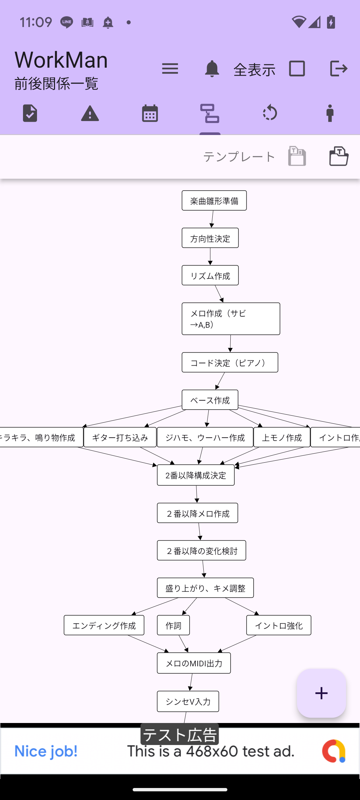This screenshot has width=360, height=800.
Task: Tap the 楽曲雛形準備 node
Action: (214, 201)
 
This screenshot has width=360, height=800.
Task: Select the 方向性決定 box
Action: (210, 238)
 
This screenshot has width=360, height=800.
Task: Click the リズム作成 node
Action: (210, 275)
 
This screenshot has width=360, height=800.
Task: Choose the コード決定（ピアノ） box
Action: (230, 362)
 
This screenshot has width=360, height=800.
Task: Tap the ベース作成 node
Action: (210, 400)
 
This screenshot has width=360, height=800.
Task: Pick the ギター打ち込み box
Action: (120, 437)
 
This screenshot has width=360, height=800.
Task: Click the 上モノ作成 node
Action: (282, 437)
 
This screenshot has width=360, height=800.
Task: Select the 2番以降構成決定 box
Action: (196, 475)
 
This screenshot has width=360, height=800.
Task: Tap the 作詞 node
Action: (173, 625)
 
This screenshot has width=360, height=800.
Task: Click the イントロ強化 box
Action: (279, 625)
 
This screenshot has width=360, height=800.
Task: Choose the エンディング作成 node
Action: (104, 625)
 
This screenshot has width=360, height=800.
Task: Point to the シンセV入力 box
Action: (188, 701)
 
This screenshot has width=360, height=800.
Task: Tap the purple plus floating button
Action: (321, 693)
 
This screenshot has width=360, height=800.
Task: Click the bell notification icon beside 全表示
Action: (212, 69)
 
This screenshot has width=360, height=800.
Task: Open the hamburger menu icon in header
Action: (170, 69)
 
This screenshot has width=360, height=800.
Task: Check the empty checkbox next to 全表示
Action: (297, 69)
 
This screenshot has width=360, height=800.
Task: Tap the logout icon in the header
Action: (339, 69)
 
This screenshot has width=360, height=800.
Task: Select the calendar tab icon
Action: (150, 113)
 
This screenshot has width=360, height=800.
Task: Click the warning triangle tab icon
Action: (90, 113)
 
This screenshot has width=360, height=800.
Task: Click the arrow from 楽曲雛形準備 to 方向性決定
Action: (212, 219)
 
